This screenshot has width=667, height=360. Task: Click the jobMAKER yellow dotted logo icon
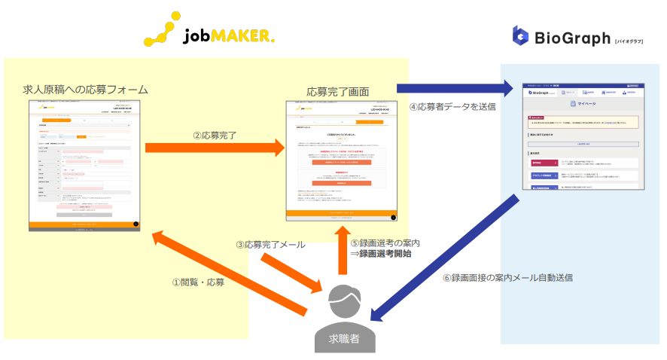coord(163,27)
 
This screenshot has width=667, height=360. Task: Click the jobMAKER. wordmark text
coord(230,35)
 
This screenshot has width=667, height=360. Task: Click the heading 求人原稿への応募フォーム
coord(85,89)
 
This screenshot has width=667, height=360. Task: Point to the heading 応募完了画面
coord(338,91)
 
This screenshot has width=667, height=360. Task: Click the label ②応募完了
coord(215,135)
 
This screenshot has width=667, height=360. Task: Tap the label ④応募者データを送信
coord(452,106)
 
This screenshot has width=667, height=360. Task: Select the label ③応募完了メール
coord(271,245)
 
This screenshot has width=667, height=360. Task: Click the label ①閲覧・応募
coord(198,282)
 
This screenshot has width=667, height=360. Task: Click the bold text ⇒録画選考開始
coord(381,254)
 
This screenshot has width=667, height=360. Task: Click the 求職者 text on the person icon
coord(344,338)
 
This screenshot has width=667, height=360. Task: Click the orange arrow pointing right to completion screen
coord(215,148)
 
